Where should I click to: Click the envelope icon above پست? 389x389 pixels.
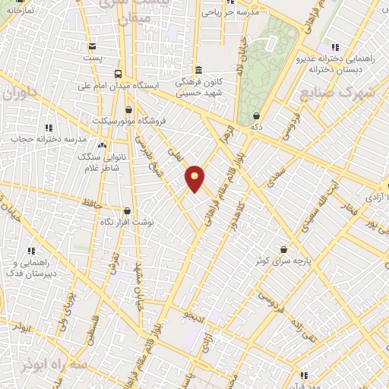[92, 46]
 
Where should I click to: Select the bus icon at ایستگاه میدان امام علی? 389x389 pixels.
[118, 74]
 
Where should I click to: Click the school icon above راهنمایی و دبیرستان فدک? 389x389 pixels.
[32, 251]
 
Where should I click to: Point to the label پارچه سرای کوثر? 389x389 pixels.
[283, 261]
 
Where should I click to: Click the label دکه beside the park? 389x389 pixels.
[258, 126]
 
